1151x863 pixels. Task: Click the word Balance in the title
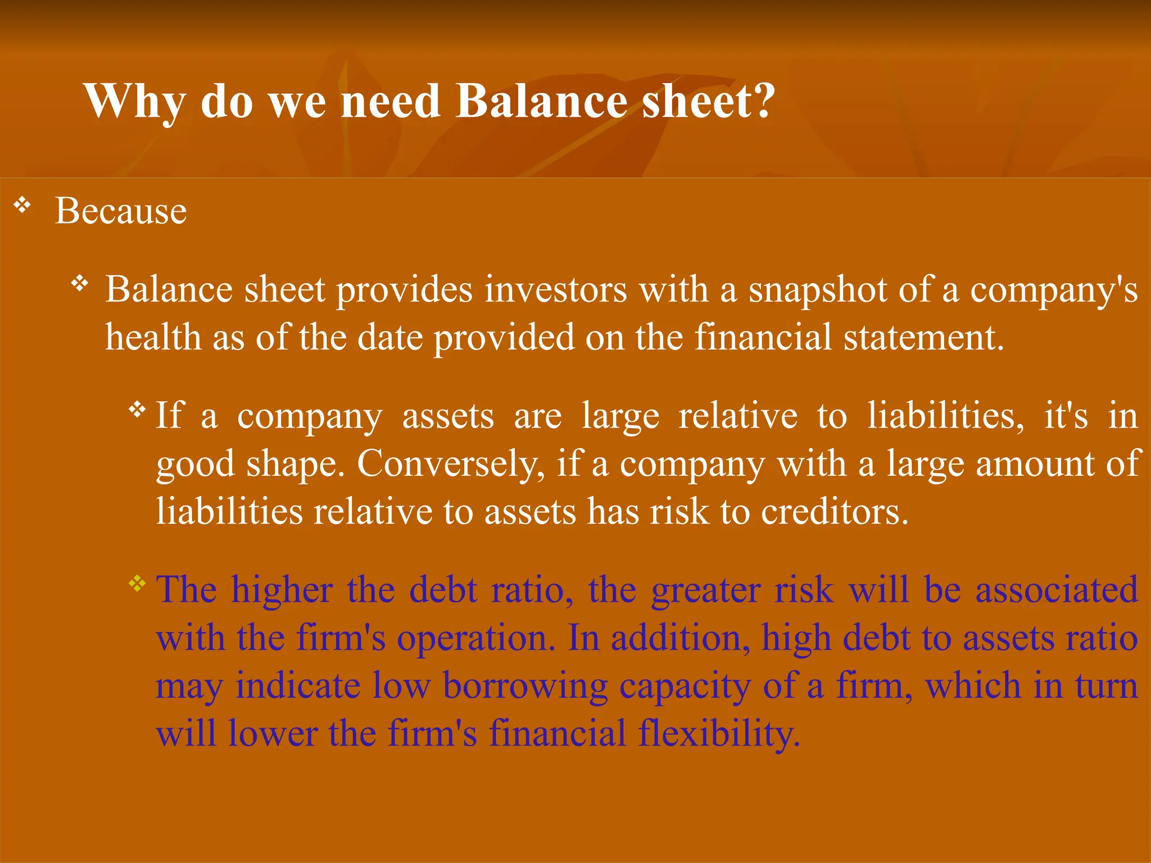[541, 101]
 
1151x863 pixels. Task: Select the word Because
[120, 211]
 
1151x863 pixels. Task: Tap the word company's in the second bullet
[1054, 290]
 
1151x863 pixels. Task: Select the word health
[153, 338]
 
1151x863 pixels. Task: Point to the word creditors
[834, 512]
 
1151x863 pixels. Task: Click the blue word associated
[1057, 590]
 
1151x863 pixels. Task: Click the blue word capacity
[685, 687]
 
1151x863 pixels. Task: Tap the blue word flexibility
[644, 734]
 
